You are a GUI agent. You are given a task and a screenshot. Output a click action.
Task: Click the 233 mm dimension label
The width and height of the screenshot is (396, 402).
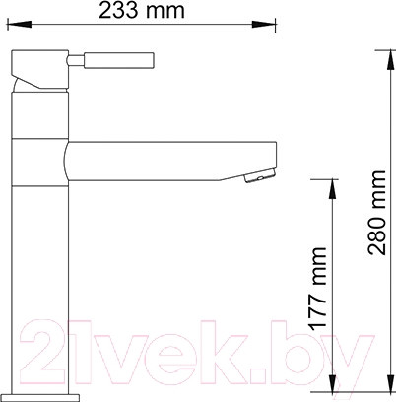(x=138, y=12)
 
